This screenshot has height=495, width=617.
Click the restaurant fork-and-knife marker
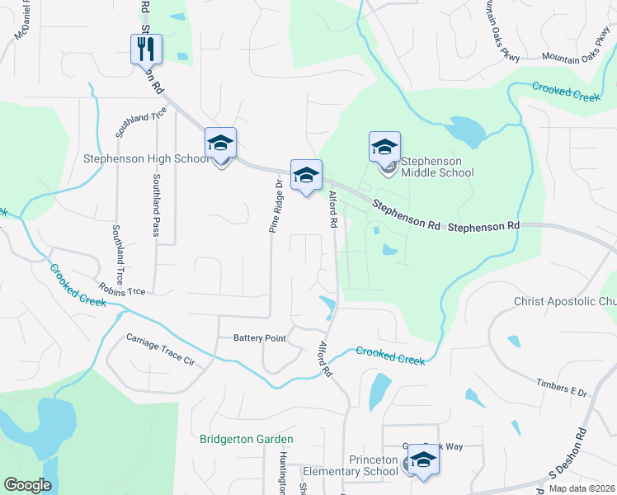pos(147,49)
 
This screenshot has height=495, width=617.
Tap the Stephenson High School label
pos(146,158)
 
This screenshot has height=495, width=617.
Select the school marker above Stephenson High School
pos(220,144)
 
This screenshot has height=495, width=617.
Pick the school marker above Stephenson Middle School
pos(384,148)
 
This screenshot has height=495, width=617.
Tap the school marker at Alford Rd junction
pos(306,175)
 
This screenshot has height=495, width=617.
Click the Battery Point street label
pos(259,338)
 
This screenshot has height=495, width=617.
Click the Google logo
pos(27,485)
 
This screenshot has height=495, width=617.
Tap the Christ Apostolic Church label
pos(564,301)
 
